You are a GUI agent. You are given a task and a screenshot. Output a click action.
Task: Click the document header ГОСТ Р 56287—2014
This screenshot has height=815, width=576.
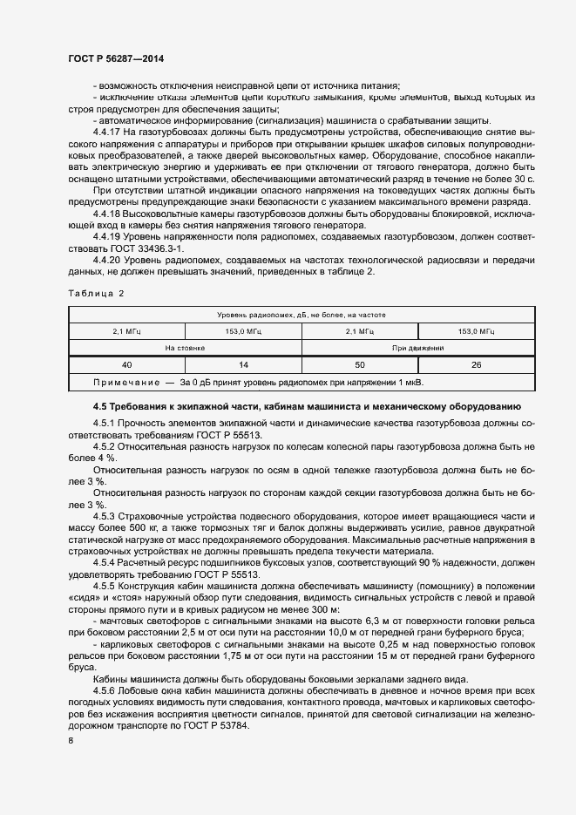click(x=115, y=58)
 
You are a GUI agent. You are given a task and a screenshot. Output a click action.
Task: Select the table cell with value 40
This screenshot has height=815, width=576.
click(x=126, y=365)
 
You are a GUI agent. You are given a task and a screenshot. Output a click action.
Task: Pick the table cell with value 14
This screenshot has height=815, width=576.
click(x=242, y=365)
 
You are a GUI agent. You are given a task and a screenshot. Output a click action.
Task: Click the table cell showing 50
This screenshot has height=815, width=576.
click(x=359, y=365)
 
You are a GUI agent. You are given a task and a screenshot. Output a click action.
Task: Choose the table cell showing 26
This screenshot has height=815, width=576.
click(x=476, y=365)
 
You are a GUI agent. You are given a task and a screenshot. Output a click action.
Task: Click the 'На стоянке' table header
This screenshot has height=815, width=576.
click(x=184, y=348)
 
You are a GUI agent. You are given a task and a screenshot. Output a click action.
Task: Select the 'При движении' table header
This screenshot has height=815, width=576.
click(x=417, y=348)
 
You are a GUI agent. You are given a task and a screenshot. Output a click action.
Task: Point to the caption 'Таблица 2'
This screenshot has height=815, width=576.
click(x=96, y=294)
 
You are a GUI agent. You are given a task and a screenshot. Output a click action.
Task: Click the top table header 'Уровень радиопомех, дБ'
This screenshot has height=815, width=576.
click(x=301, y=314)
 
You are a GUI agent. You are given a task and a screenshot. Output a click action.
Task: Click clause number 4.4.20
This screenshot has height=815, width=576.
click(x=107, y=260)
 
